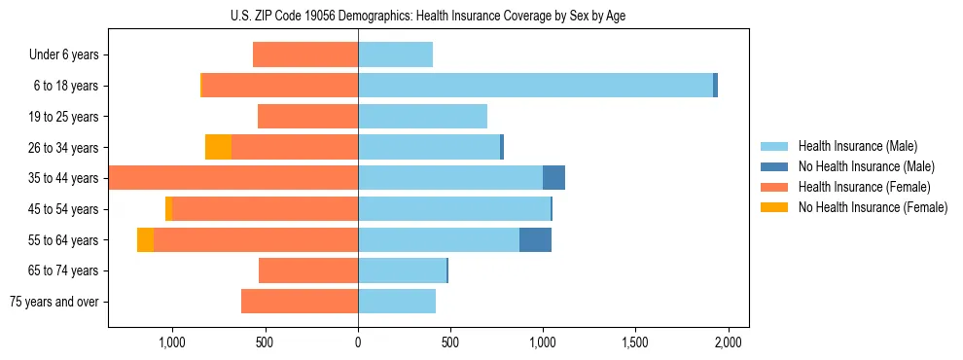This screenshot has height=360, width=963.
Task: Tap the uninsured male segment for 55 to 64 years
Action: coord(535,240)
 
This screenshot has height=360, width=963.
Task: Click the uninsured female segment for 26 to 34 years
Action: coord(218,147)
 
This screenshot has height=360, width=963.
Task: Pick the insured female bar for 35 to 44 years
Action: coord(233,178)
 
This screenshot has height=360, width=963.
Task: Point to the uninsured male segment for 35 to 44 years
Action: coord(553,178)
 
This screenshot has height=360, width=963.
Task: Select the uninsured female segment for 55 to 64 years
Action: coord(145,240)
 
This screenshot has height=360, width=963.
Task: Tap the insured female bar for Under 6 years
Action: coord(305,54)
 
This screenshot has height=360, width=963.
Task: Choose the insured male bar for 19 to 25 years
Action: coord(422,117)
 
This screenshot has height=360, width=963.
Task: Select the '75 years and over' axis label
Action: coord(53,302)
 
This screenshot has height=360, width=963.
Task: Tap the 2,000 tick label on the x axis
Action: coord(729,342)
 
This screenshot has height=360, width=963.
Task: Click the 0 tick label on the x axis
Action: coord(358,342)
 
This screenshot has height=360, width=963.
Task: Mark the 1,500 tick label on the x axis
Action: coord(635,342)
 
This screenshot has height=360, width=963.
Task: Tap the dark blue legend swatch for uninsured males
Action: coord(775,166)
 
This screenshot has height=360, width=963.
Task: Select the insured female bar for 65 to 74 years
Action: coord(308,270)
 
